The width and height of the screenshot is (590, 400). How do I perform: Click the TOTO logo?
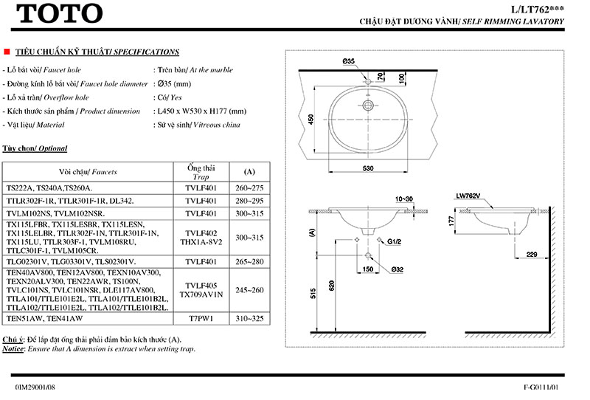[58, 13]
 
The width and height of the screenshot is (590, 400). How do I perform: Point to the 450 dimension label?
[311, 119]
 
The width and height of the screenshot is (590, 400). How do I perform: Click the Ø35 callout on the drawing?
[349, 61]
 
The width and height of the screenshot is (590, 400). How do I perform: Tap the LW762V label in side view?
[468, 196]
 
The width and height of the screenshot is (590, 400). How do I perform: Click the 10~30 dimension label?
[405, 199]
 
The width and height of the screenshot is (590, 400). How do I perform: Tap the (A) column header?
[249, 172]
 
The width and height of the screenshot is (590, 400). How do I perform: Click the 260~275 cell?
[249, 187]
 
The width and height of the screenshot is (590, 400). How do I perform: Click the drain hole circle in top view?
[367, 106]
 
